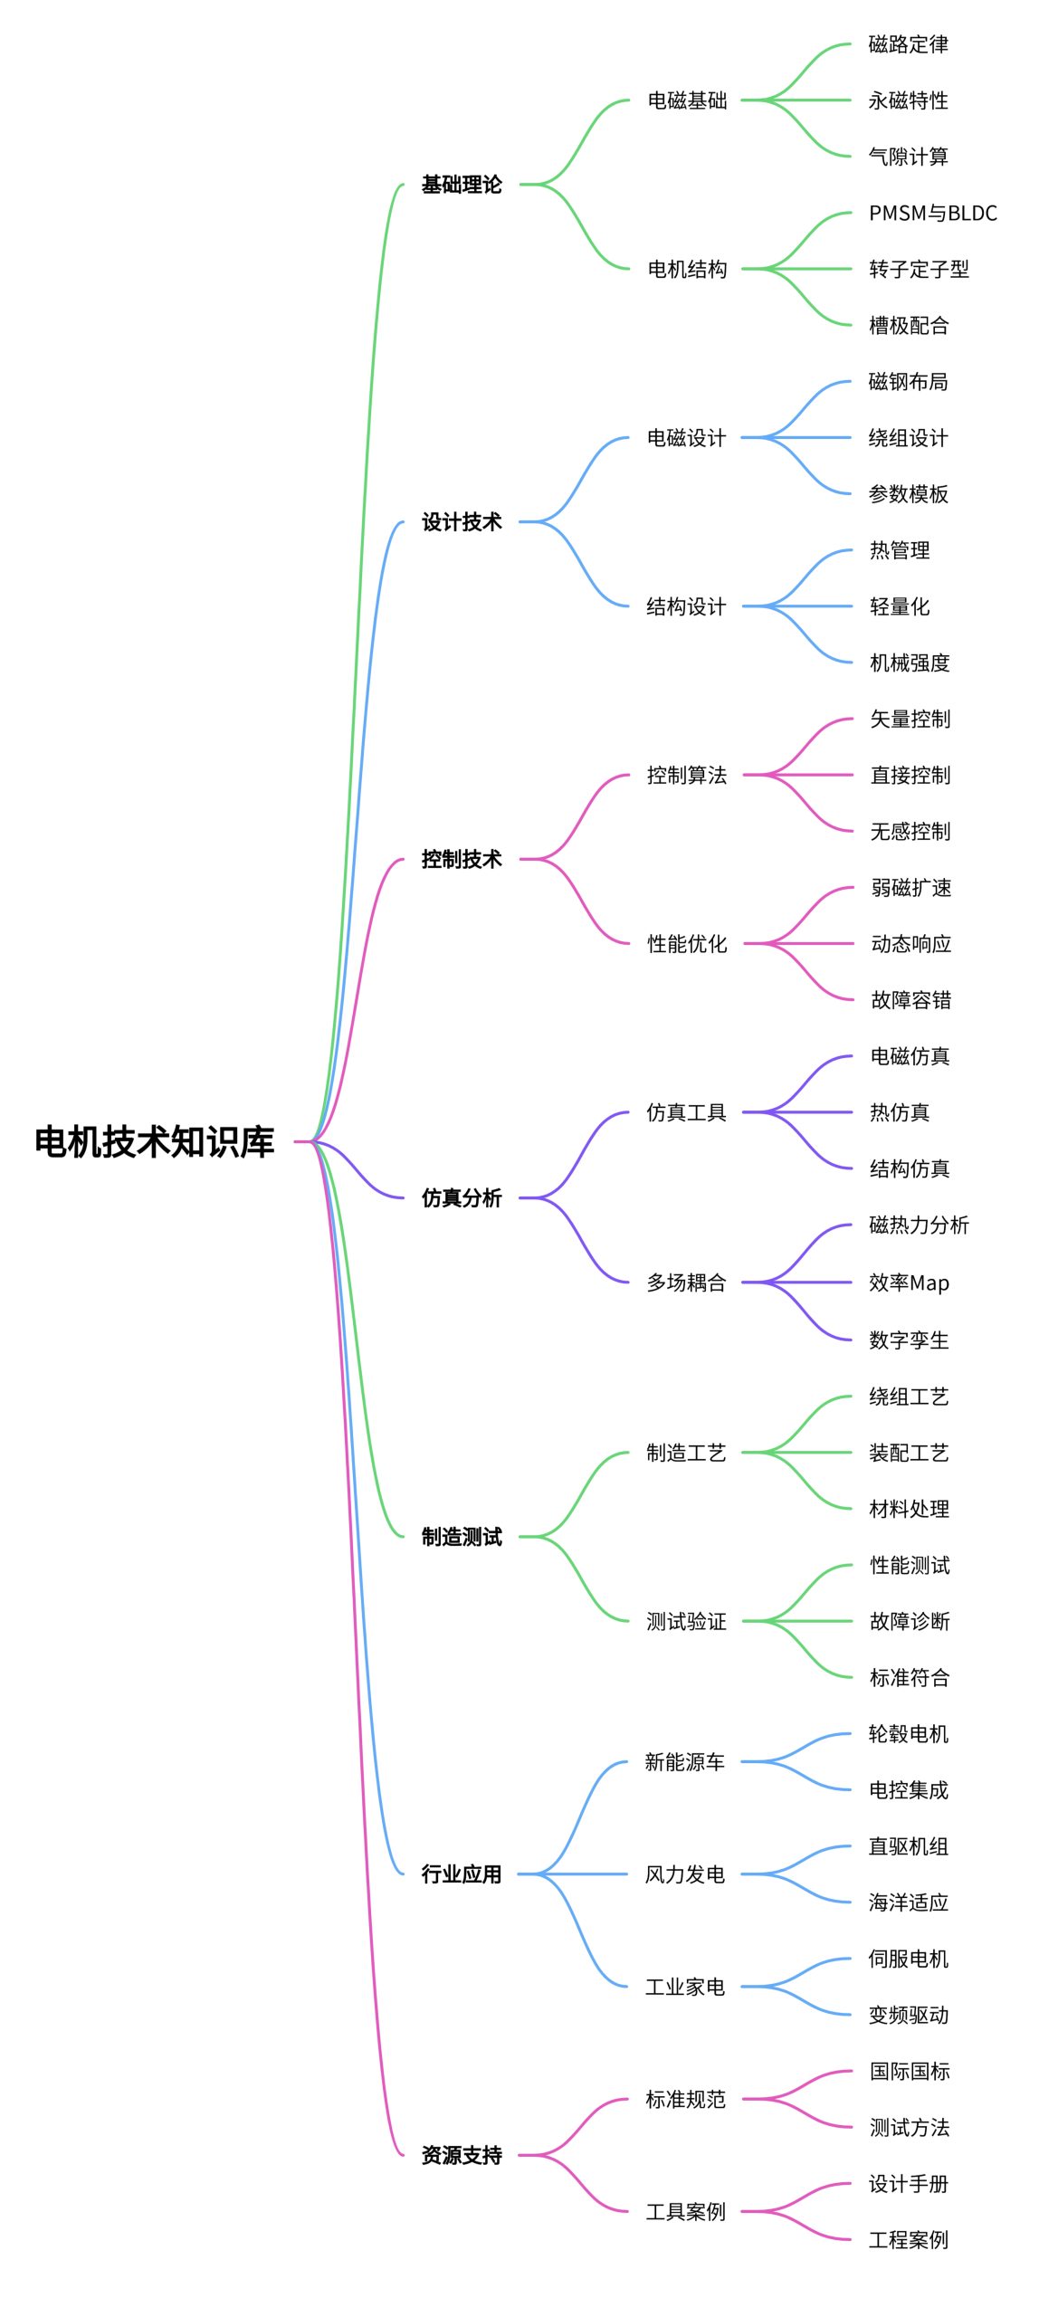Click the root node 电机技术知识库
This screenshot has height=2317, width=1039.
[x=154, y=1142]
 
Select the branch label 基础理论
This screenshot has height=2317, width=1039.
[x=462, y=185]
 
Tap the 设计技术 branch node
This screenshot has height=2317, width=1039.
[x=462, y=522]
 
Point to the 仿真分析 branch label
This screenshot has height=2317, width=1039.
[x=462, y=1198]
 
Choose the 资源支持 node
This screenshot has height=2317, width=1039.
[x=462, y=2155]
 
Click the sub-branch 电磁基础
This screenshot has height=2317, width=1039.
[x=687, y=100]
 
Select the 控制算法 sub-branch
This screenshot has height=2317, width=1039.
[x=687, y=776]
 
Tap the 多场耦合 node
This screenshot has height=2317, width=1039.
[x=686, y=1282]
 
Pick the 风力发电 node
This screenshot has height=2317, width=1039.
[x=685, y=1874]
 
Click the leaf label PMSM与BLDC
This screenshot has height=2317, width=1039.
[x=932, y=214]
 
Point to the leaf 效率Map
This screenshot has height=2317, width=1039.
[x=909, y=1282]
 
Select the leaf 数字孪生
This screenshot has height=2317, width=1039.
[x=909, y=1340]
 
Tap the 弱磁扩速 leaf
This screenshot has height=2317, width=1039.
[x=910, y=888]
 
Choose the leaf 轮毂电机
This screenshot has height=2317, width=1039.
[x=909, y=1734]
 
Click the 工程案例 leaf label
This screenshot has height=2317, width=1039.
[x=909, y=2240]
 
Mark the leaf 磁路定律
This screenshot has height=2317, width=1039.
[x=909, y=44]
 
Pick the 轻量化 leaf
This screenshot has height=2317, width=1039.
[x=900, y=607]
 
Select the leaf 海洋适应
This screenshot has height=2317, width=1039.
[x=909, y=1902]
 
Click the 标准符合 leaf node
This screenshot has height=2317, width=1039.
[x=910, y=1677]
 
